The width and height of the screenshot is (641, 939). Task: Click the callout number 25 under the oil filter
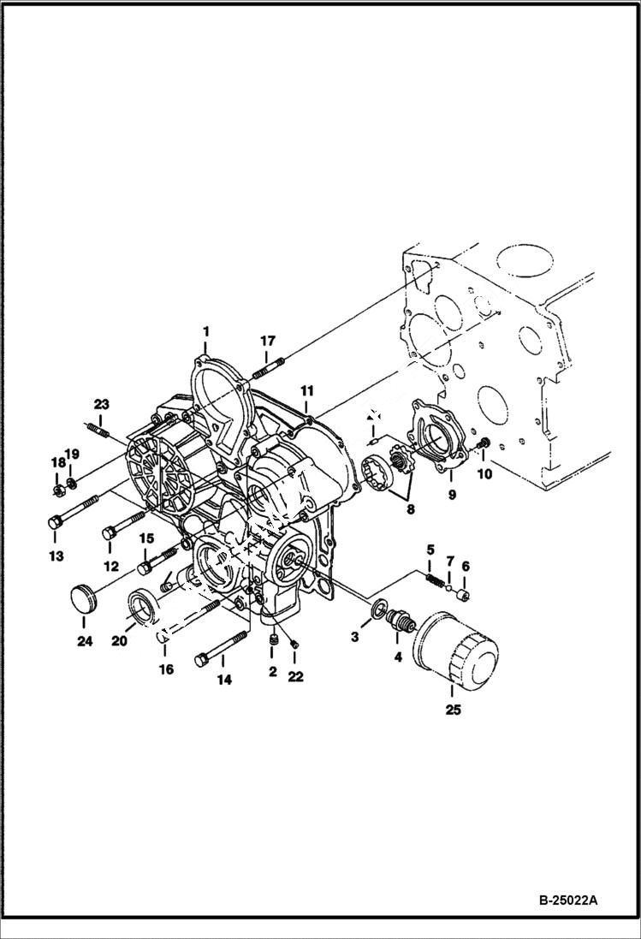tap(453, 710)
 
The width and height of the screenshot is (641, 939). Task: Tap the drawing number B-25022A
tap(567, 900)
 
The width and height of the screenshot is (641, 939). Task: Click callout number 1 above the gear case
tap(205, 330)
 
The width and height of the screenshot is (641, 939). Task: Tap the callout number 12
tap(110, 567)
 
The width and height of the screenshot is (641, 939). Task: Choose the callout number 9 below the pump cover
tap(452, 494)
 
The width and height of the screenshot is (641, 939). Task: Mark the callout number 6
tap(466, 566)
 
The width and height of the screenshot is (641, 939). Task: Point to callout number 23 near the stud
tap(102, 404)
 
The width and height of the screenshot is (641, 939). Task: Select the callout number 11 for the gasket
tap(306, 391)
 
